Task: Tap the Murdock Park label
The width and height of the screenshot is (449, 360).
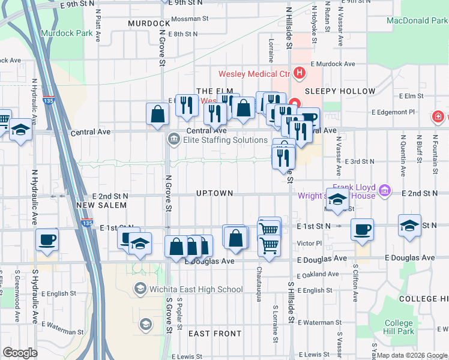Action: (x=67, y=33)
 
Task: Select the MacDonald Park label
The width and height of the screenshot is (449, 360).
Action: (x=417, y=20)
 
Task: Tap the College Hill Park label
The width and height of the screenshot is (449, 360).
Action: (x=399, y=327)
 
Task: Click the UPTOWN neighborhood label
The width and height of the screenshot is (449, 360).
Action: (x=214, y=193)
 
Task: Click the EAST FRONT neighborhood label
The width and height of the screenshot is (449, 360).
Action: (x=215, y=334)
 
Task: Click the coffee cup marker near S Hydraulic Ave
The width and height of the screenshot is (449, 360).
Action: (x=47, y=240)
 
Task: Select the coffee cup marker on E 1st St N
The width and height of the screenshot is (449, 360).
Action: (x=362, y=230)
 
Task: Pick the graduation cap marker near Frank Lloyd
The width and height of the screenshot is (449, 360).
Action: (x=337, y=200)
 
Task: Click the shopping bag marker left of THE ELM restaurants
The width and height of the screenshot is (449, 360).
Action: (x=158, y=114)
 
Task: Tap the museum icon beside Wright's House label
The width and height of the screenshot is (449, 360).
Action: (x=385, y=191)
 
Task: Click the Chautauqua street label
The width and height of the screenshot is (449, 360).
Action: (x=259, y=284)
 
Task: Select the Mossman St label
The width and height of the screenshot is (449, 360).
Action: (x=189, y=19)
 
